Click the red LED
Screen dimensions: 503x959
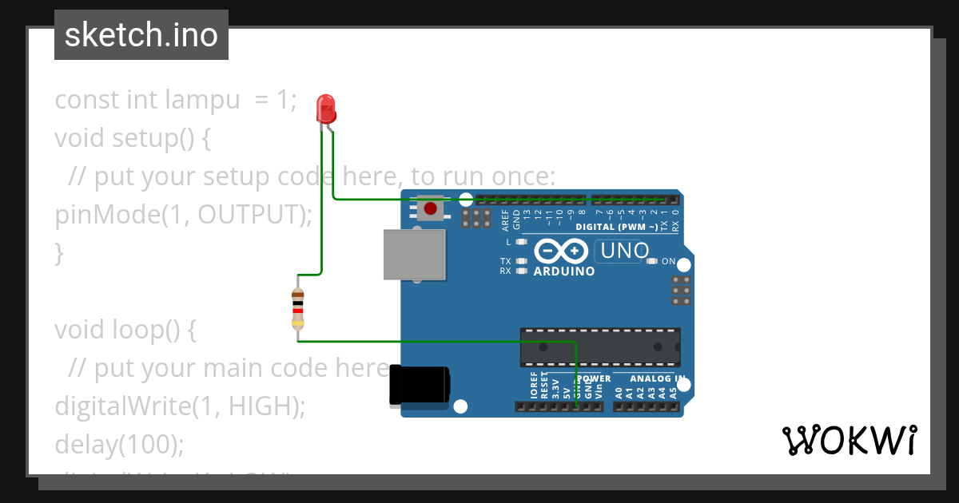pos(326,108)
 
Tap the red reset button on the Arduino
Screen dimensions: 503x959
pos(431,209)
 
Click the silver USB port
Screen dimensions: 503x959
pos(414,255)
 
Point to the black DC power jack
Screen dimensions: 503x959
pos(418,386)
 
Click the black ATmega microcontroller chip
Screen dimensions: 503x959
pos(600,346)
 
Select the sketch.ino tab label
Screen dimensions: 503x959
pos(141,35)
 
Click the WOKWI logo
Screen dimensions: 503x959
pos(849,440)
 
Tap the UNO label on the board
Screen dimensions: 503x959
pos(623,251)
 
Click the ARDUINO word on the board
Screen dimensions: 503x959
pos(564,271)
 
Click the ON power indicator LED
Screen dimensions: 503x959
pos(652,261)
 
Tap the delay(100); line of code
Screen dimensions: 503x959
pos(119,444)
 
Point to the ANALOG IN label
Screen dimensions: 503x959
pos(657,378)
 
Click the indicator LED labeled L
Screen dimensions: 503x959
pos(522,241)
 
